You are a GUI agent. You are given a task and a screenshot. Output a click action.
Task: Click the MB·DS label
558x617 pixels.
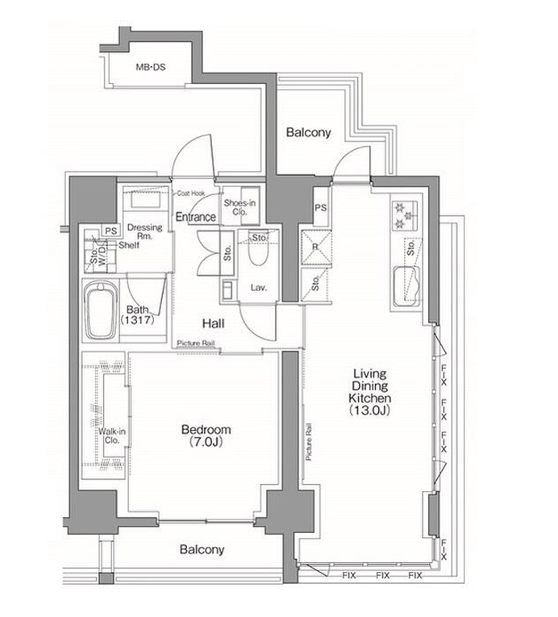pos(150,67)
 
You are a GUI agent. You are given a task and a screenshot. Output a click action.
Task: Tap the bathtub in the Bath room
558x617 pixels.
pos(101,311)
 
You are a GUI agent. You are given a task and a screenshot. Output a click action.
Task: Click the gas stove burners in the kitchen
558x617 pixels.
pos(405,215)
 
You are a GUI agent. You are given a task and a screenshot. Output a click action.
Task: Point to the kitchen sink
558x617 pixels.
pos(407,286)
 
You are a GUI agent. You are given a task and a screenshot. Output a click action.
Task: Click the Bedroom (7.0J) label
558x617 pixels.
pos(206,436)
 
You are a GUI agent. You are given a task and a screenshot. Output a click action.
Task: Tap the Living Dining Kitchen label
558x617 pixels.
pos(370,391)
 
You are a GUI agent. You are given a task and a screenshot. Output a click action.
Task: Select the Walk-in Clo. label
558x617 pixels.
pos(112,436)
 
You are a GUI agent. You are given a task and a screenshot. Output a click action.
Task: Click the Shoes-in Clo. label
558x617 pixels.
pos(239,207)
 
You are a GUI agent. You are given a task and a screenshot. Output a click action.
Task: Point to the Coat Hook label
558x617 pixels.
pos(191,194)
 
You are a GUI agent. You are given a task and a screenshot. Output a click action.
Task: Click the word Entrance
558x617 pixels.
pos(196,217)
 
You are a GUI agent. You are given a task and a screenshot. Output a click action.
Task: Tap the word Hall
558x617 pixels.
pos(214,323)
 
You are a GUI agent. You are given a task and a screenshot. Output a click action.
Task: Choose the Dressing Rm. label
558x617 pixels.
pos(145,231)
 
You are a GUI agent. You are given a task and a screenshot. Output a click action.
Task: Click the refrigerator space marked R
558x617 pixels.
pos(315,247)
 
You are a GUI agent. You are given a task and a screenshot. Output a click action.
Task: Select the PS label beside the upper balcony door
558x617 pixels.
pos(321,207)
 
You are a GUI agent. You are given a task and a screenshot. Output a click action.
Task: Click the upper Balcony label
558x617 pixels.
pos(308,132)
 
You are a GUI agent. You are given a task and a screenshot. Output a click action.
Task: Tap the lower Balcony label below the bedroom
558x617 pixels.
pos(202,549)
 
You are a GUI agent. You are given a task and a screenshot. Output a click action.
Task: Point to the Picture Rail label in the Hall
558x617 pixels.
pos(196,343)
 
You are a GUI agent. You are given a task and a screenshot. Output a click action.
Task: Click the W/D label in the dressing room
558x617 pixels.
pos(102,256)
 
